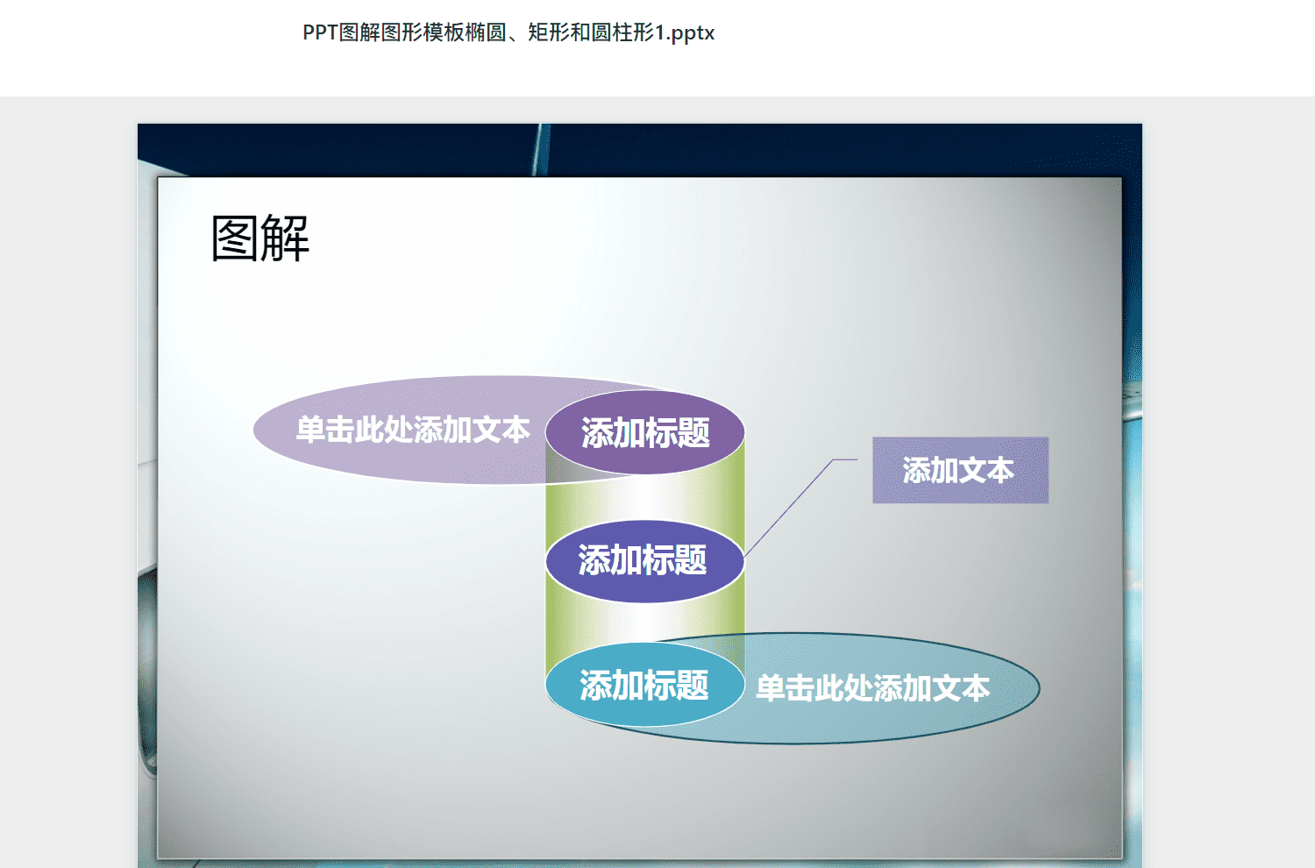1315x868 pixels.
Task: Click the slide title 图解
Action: point(260,238)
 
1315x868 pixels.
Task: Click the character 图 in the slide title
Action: point(235,238)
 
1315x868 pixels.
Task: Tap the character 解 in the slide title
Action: point(285,238)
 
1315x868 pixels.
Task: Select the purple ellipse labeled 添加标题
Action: point(645,432)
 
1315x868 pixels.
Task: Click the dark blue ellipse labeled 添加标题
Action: point(645,561)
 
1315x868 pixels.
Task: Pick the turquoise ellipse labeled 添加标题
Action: point(645,685)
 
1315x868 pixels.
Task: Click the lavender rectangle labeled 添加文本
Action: point(961,470)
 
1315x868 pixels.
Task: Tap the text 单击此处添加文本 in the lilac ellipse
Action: point(413,430)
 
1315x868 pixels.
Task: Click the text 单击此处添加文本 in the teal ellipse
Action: point(873,687)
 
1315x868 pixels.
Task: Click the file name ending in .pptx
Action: point(508,32)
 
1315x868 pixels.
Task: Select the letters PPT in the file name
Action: point(321,32)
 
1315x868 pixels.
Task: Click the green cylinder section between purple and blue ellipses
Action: point(645,499)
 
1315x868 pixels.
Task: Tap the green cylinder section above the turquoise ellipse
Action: point(645,622)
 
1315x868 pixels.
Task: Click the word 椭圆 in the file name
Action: point(486,32)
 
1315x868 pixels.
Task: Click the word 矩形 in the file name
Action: point(549,32)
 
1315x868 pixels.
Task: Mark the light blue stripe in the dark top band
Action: point(541,150)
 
